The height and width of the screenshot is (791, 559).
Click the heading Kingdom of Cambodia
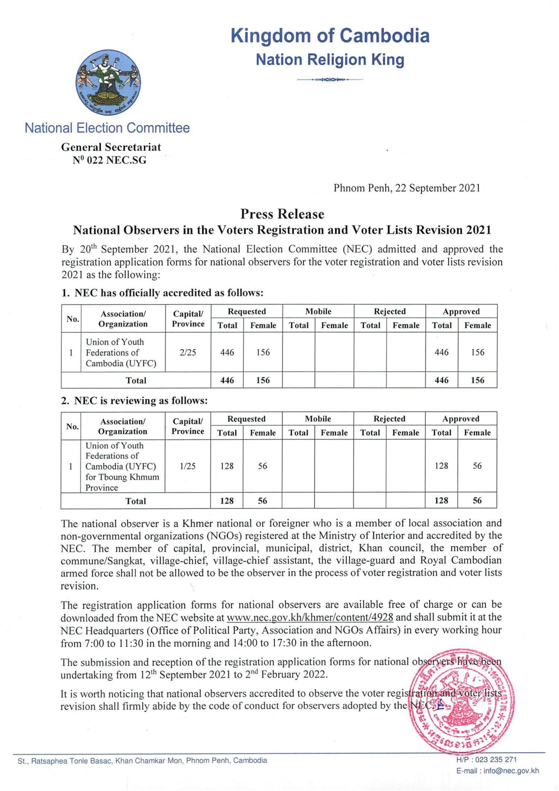click(x=330, y=36)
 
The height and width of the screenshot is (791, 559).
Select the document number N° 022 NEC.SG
click(x=110, y=160)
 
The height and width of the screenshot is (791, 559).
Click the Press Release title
click(x=282, y=214)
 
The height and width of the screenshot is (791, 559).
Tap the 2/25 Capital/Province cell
click(x=188, y=352)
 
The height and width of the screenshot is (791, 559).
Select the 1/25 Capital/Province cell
click(x=187, y=466)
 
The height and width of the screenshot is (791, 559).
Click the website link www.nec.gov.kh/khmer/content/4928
click(x=310, y=617)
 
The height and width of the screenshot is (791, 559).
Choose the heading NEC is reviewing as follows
click(x=135, y=401)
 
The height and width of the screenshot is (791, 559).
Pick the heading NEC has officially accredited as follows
click(x=162, y=293)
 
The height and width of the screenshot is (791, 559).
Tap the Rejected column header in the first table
click(x=389, y=311)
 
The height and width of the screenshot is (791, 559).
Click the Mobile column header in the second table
click(x=318, y=419)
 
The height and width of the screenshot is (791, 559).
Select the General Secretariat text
click(x=111, y=147)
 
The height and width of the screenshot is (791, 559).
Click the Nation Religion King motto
click(x=330, y=60)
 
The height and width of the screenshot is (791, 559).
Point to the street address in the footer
click(x=142, y=760)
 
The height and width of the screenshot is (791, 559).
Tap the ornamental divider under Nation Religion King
click(x=330, y=79)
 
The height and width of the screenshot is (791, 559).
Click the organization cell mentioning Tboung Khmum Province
click(x=122, y=466)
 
